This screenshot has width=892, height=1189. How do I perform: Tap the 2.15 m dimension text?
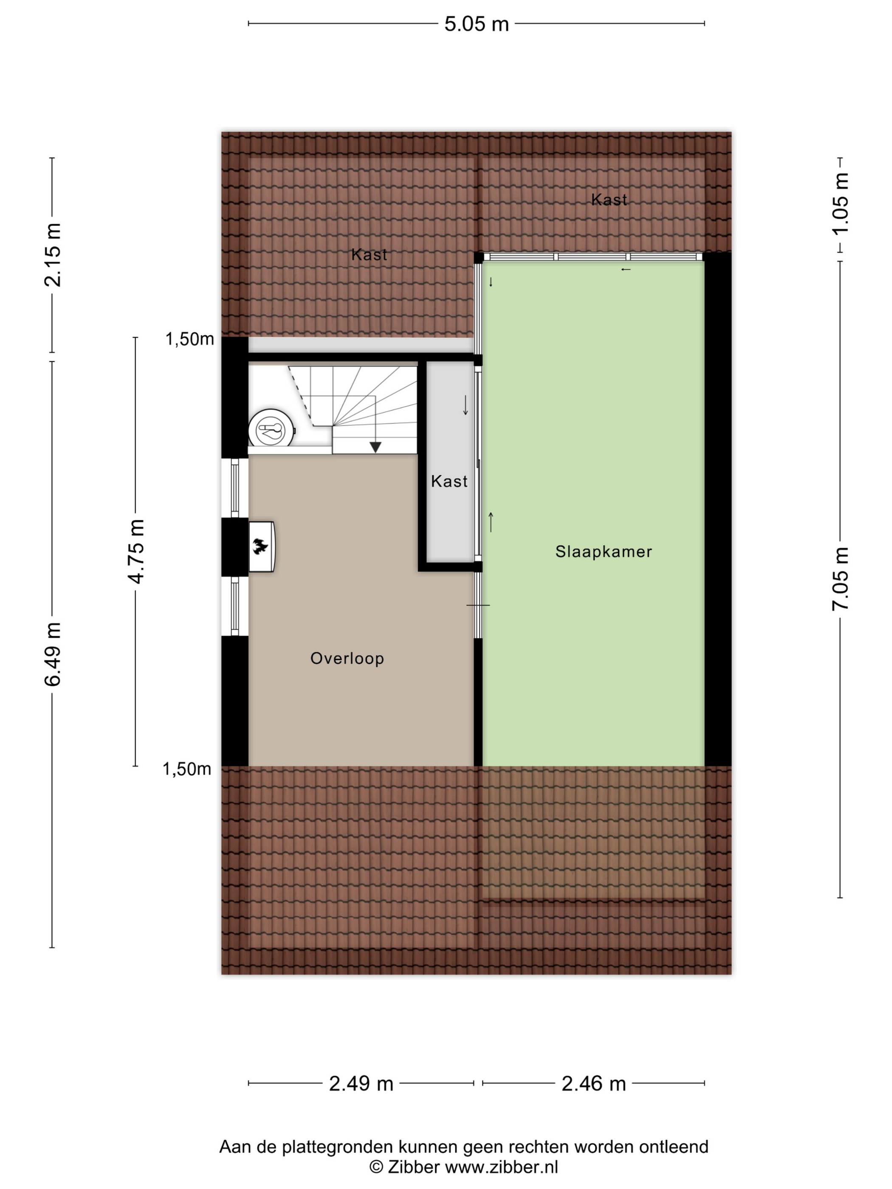coord(53,254)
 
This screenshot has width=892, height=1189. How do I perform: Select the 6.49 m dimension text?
coord(53,654)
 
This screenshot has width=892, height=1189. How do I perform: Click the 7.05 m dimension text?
coord(840,578)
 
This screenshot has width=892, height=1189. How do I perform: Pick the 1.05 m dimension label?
coord(840,204)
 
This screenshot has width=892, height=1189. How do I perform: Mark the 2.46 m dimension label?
coord(593,1083)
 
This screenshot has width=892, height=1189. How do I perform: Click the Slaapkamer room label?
coord(603,552)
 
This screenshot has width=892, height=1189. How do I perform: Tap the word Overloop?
coord(347,659)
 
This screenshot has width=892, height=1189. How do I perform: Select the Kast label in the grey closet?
coord(449,481)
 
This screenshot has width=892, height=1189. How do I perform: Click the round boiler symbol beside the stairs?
coord(271,428)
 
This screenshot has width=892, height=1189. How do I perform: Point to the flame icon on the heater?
coord(261,547)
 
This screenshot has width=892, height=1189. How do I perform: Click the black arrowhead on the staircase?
coord(375,447)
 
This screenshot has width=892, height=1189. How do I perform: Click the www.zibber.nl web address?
coord(502,1166)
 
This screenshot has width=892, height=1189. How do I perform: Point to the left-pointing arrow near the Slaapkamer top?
coord(625,269)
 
